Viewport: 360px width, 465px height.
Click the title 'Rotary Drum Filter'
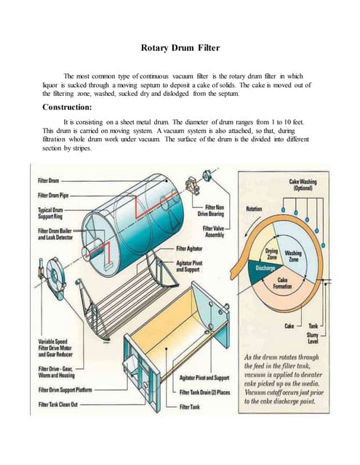180,49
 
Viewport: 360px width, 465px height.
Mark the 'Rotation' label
255,209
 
